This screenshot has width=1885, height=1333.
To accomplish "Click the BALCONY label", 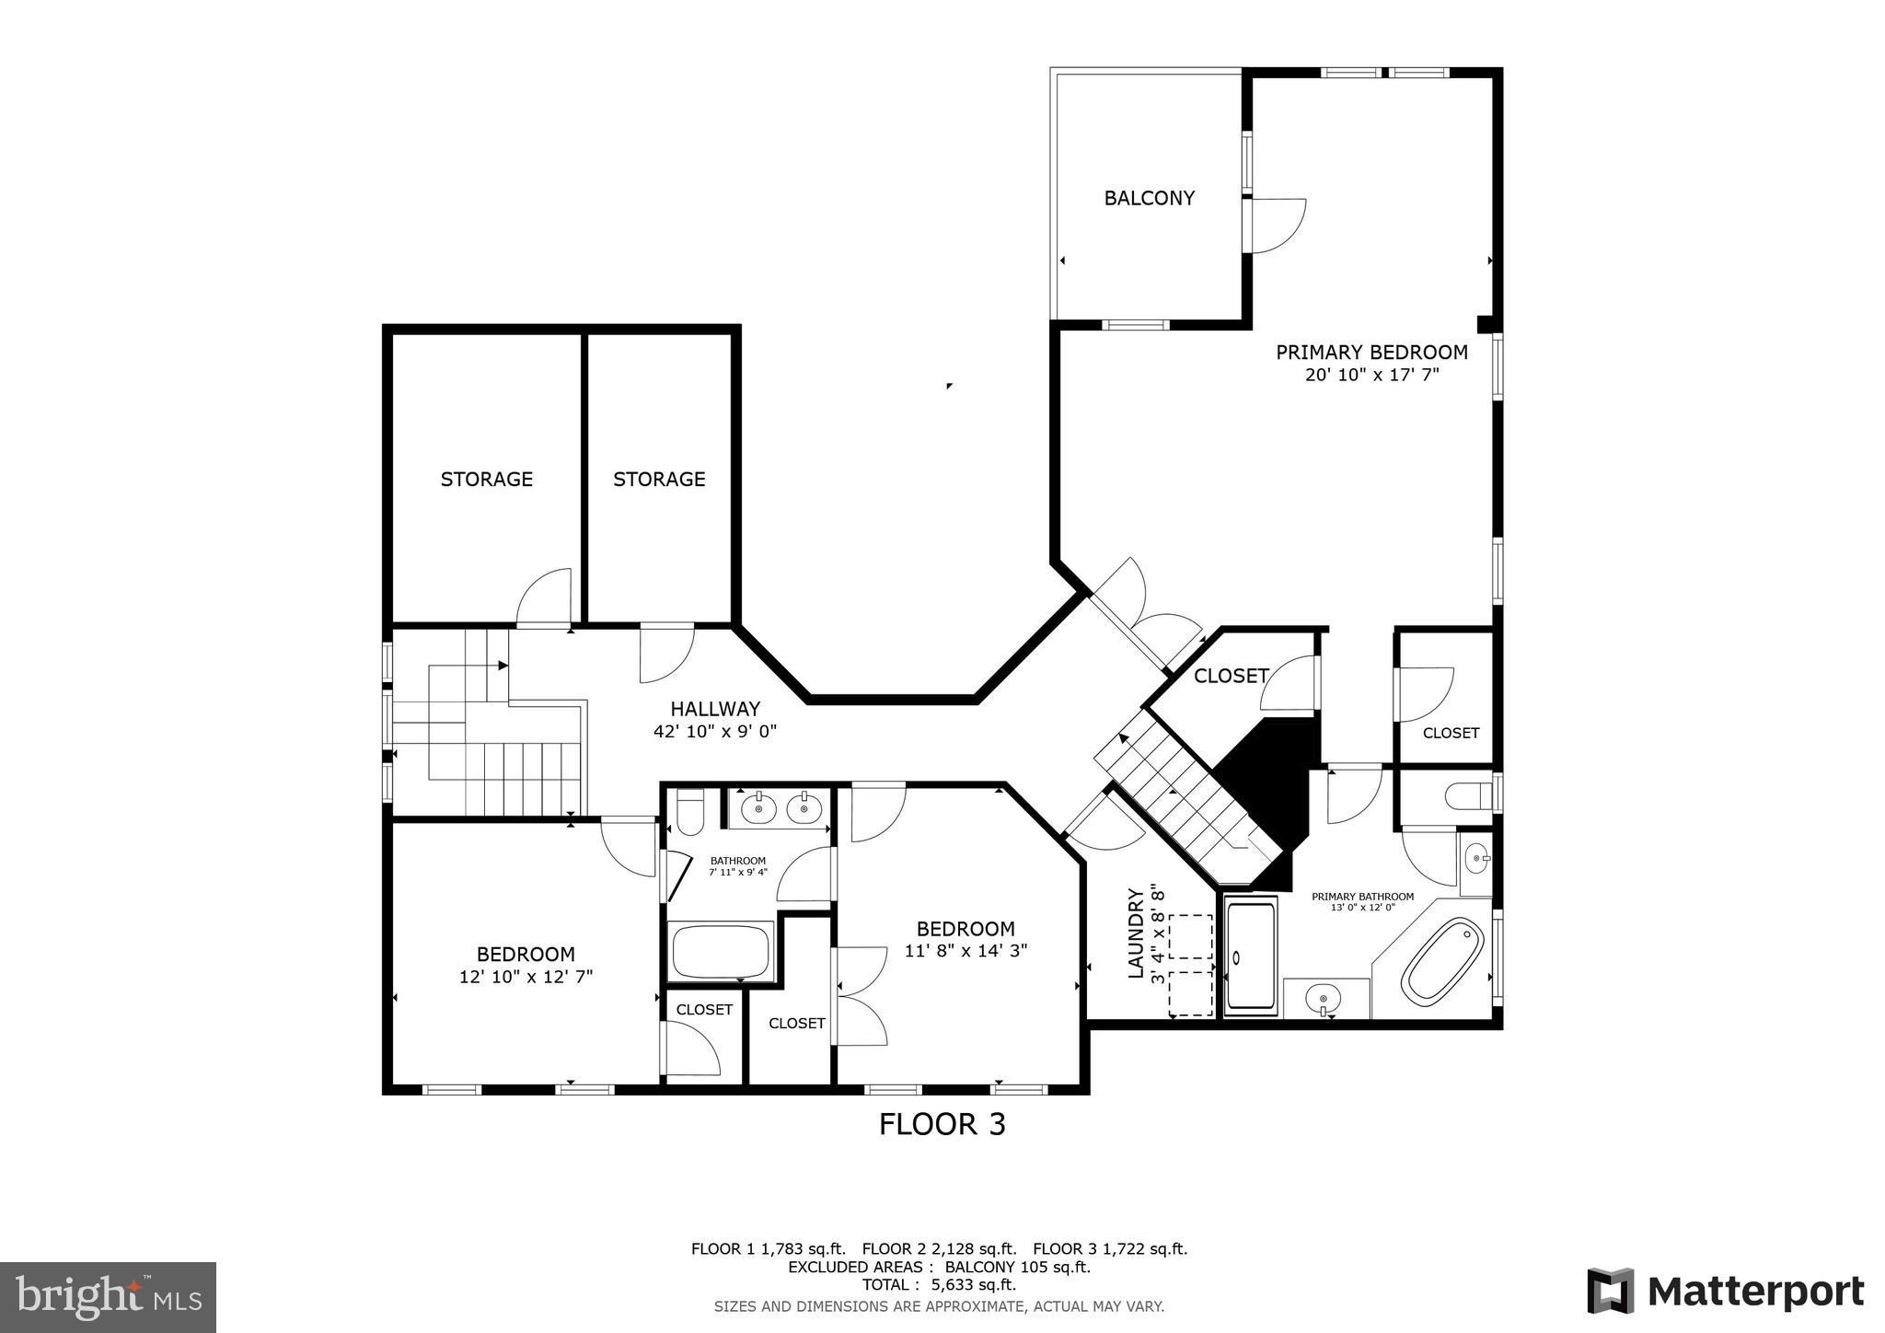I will tap(1149, 198).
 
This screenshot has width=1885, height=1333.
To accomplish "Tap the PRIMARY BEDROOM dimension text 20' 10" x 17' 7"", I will tap(1371, 375).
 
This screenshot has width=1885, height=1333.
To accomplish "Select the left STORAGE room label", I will tap(486, 479).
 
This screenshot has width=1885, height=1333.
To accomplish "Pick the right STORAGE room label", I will tap(659, 479).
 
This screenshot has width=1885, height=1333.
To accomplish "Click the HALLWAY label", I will tap(715, 709).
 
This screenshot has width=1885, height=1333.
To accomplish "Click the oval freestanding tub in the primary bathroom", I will tap(1442, 963).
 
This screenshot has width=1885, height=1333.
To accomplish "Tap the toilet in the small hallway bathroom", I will tap(689, 811).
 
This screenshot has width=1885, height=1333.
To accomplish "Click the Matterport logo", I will tap(1725, 1291).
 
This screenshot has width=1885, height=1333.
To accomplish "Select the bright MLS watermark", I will tap(108, 1297).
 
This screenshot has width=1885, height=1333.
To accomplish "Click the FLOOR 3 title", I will tap(942, 1124).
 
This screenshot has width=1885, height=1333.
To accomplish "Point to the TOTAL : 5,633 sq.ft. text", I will tap(939, 1285).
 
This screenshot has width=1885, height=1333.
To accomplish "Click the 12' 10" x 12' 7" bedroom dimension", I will tap(526, 977).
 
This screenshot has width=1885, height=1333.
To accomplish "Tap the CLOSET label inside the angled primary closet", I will tap(1231, 677).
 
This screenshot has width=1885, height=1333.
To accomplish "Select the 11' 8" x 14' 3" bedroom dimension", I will tap(966, 951).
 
